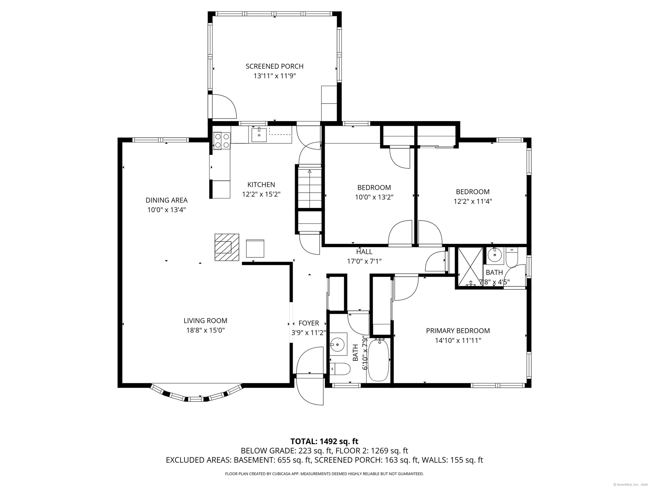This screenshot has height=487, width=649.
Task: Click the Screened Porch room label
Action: pos(274,66)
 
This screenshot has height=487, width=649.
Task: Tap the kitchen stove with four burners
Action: pos(222,141)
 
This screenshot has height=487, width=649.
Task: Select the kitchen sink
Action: pos(259,135)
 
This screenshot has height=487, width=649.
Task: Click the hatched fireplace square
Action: pos(227,247)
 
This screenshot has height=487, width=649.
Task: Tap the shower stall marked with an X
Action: pos(470,267)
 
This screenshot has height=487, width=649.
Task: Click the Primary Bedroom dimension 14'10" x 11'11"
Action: pos(458,341)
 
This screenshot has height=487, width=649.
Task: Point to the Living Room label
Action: pos(206,321)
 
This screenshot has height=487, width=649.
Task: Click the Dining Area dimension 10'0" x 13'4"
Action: pos(166,210)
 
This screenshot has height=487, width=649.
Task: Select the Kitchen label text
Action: pos(261,185)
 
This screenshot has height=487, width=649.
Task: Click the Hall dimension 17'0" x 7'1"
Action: pos(364,261)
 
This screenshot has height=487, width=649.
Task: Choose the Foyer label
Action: pos(309,323)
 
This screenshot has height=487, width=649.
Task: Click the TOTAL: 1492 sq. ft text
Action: pos(324,441)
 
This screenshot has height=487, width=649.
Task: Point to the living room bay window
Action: pos(197,393)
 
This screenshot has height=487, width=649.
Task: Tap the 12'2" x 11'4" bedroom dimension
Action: pos(473,202)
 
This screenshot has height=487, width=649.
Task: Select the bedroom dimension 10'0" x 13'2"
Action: pos(374,197)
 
